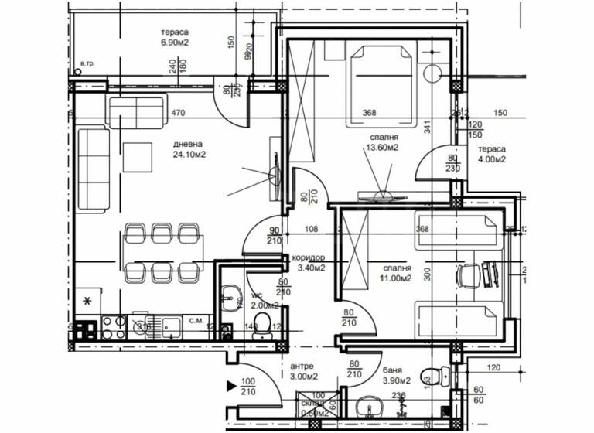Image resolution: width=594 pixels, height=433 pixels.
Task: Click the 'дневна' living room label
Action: point(188,143)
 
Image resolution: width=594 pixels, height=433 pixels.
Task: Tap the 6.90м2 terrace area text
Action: point(175,43)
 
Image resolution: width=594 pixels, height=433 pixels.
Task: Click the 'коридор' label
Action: point(309,258)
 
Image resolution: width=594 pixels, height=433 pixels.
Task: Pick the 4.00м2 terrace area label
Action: point(491,160)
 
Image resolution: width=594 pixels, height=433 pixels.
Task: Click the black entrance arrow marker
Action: point(230,384)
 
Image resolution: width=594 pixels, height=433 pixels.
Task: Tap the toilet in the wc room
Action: point(261,325)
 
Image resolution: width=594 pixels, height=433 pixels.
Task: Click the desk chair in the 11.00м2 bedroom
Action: point(466,274)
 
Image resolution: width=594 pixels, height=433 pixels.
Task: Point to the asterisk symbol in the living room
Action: point(87,300)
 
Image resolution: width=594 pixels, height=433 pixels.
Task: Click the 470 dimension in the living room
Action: point(179,113)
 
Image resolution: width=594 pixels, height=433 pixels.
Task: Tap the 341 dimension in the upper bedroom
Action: point(426,128)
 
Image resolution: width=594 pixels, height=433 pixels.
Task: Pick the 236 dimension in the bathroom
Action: point(400,395)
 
